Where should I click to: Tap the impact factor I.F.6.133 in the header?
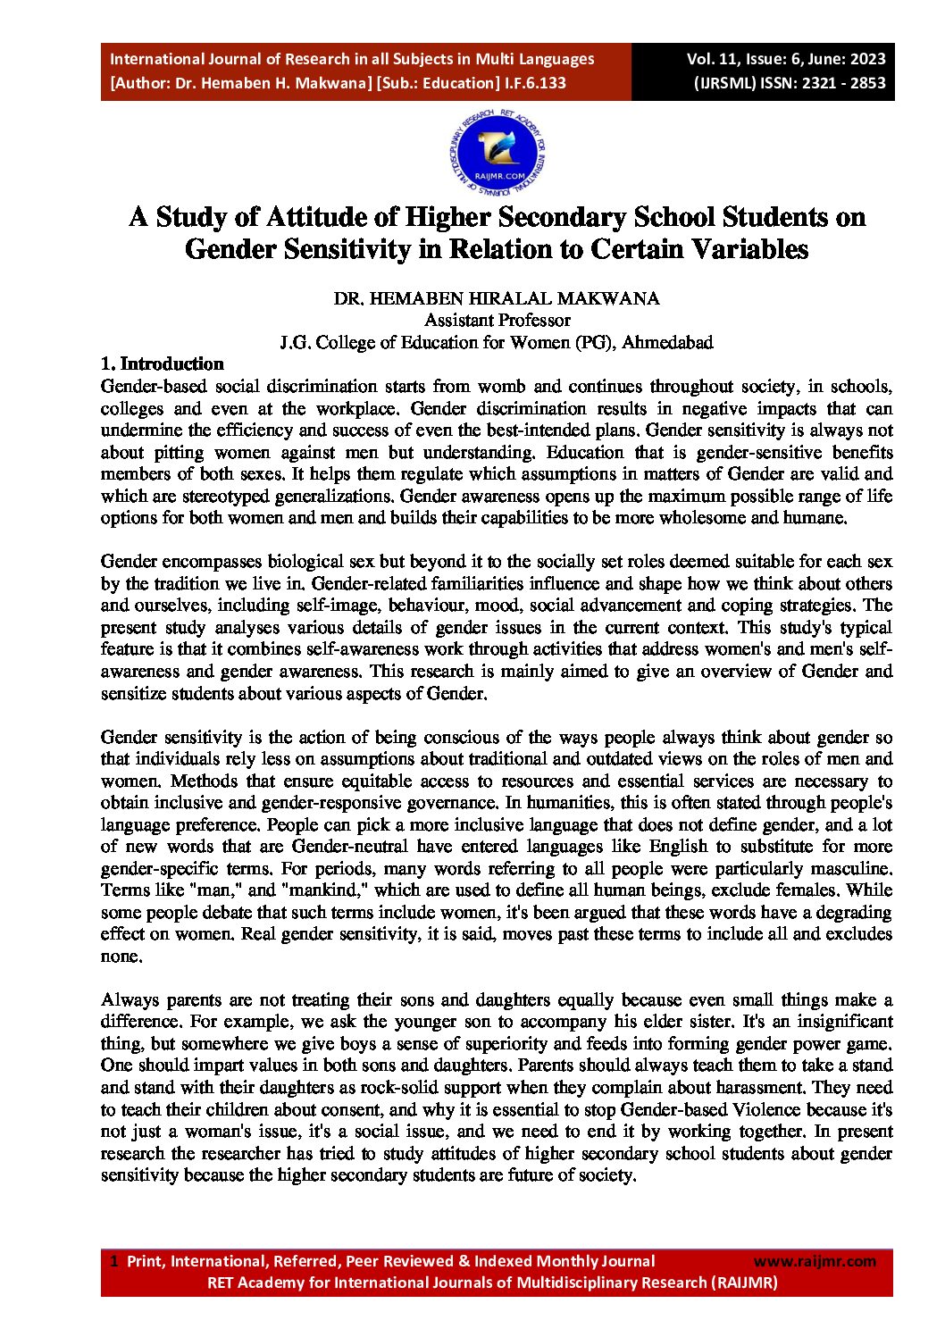pyautogui.click(x=535, y=83)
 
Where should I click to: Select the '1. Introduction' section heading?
pyautogui.click(x=162, y=363)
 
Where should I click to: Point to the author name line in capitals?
pyautogui.click(x=497, y=298)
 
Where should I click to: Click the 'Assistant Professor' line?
pyautogui.click(x=497, y=320)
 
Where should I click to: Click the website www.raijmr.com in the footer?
pyautogui.click(x=815, y=1261)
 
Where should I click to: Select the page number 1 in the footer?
pyautogui.click(x=113, y=1261)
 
